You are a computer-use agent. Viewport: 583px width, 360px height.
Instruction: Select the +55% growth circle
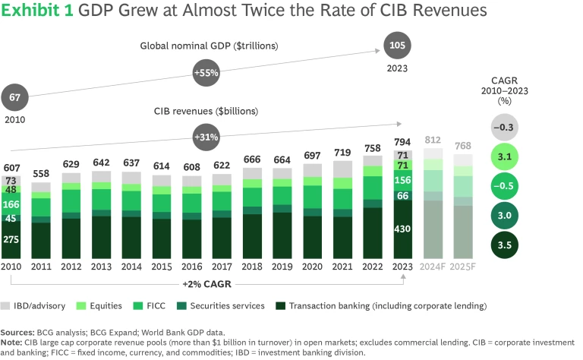click(206, 73)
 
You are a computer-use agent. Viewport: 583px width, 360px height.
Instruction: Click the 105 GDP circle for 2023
click(396, 45)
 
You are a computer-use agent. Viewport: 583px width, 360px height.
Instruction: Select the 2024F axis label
click(433, 267)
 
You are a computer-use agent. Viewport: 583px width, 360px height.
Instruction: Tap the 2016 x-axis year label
click(192, 267)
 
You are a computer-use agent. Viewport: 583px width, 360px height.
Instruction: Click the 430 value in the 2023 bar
click(403, 229)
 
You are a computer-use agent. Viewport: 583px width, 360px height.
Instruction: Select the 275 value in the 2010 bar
click(11, 239)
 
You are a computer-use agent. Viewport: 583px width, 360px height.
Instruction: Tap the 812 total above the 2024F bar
click(433, 140)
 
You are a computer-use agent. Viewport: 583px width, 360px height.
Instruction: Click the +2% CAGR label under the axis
click(207, 284)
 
